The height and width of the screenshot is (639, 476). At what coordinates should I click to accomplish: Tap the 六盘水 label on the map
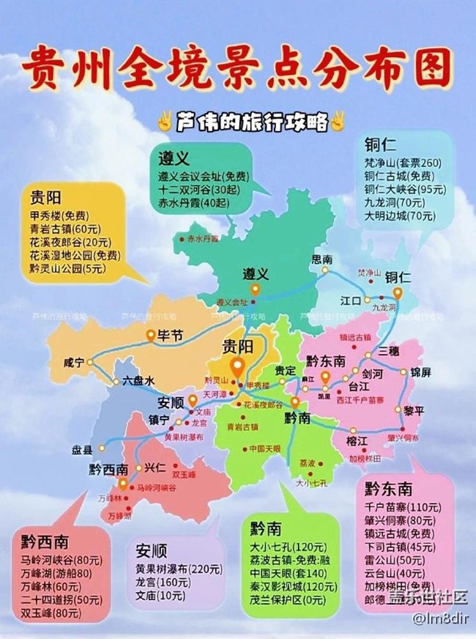(138, 381)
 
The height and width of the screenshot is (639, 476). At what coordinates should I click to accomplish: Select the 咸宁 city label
(74, 362)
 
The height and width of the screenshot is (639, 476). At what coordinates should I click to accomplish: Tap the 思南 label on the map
(322, 259)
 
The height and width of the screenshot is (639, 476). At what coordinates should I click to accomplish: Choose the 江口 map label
(352, 300)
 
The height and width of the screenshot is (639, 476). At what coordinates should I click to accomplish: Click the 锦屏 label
(420, 372)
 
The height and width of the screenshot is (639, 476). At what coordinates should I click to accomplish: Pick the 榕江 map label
(356, 440)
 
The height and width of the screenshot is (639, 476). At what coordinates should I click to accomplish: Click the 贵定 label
(285, 370)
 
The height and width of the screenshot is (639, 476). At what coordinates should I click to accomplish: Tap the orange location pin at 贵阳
(237, 366)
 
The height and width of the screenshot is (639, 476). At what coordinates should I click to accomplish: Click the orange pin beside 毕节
(149, 336)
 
